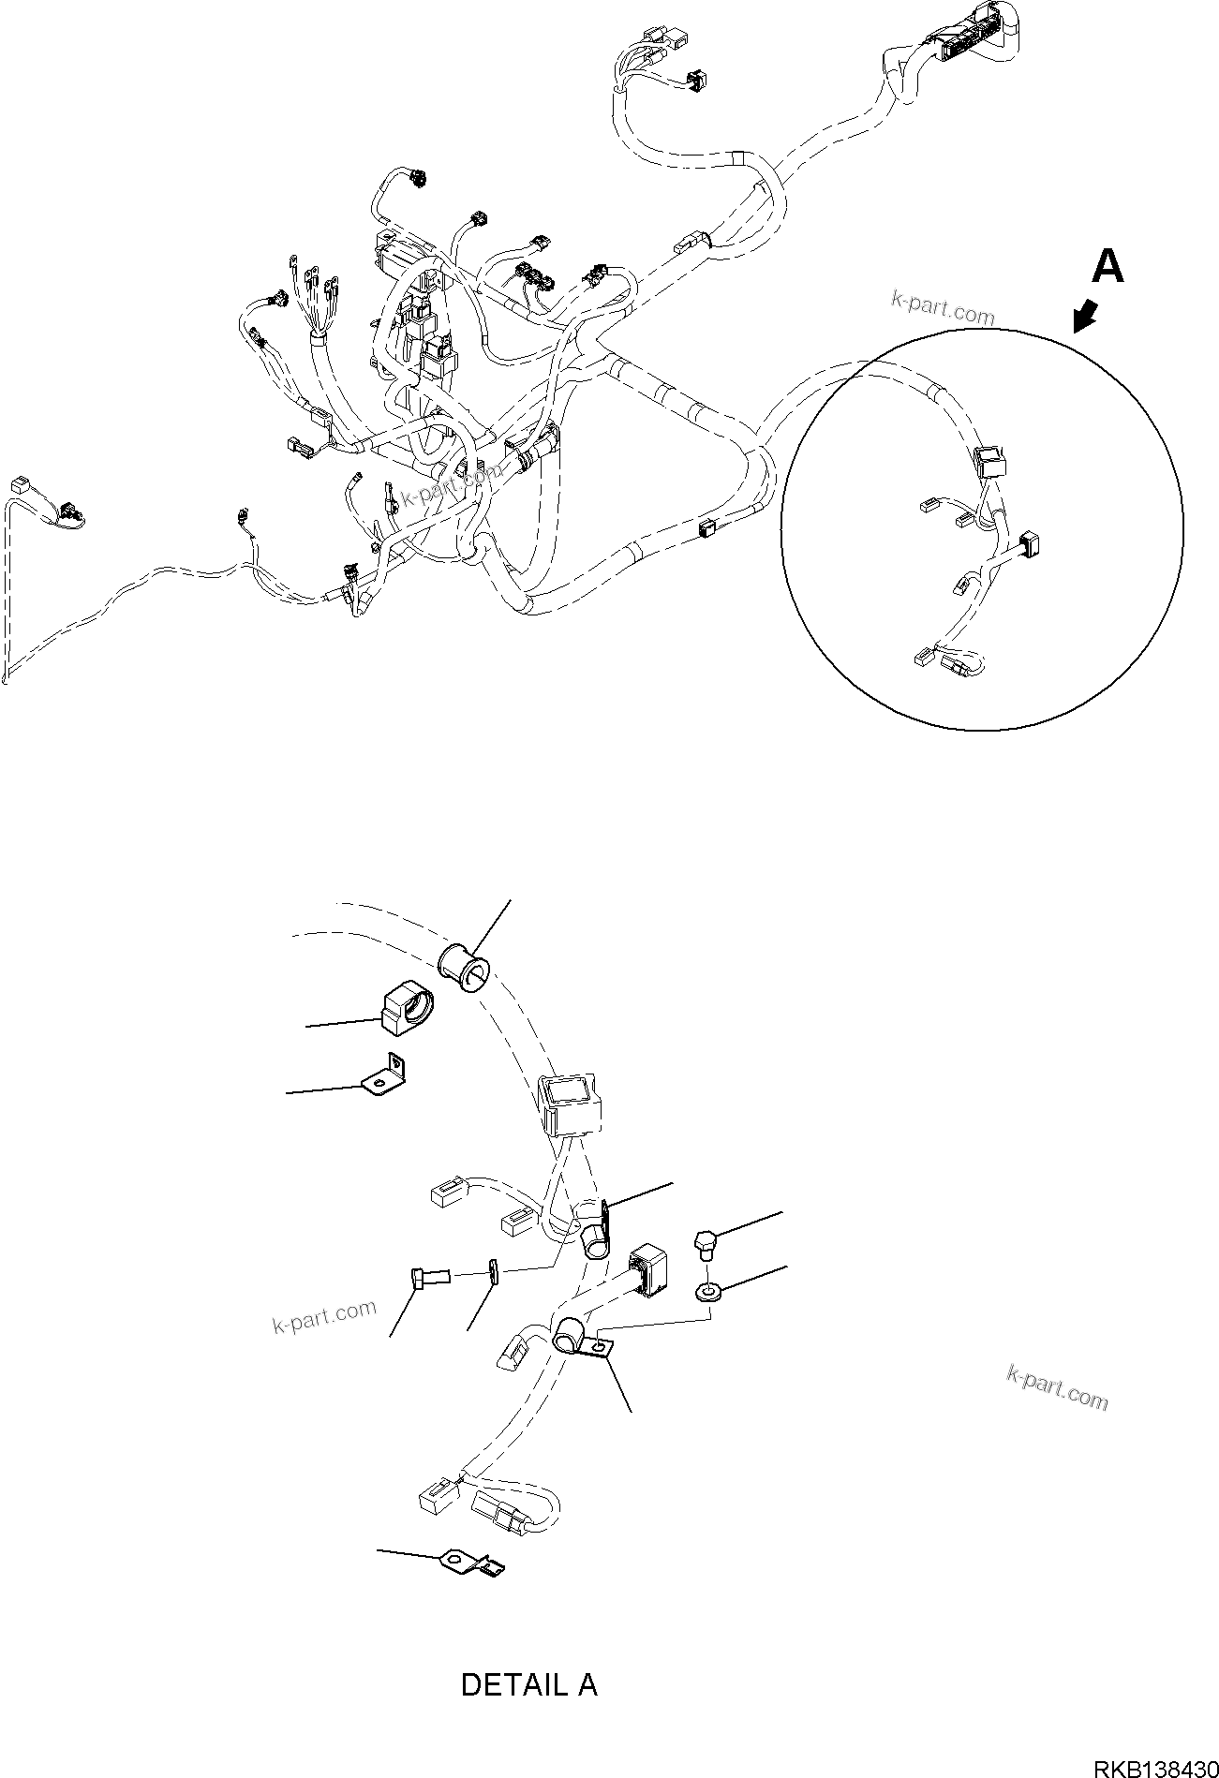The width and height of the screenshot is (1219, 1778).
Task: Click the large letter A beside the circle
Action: (1108, 266)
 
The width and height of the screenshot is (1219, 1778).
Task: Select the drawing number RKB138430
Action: (1154, 1765)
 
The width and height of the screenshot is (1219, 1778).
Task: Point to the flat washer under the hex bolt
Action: (708, 1294)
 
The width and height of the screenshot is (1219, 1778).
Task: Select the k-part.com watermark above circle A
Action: (943, 310)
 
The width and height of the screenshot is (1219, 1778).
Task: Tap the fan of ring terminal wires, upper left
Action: (312, 300)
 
